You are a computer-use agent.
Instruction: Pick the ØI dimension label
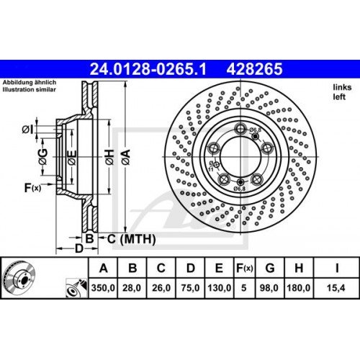(x=27, y=130)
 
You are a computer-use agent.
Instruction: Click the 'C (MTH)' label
(x=125, y=238)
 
